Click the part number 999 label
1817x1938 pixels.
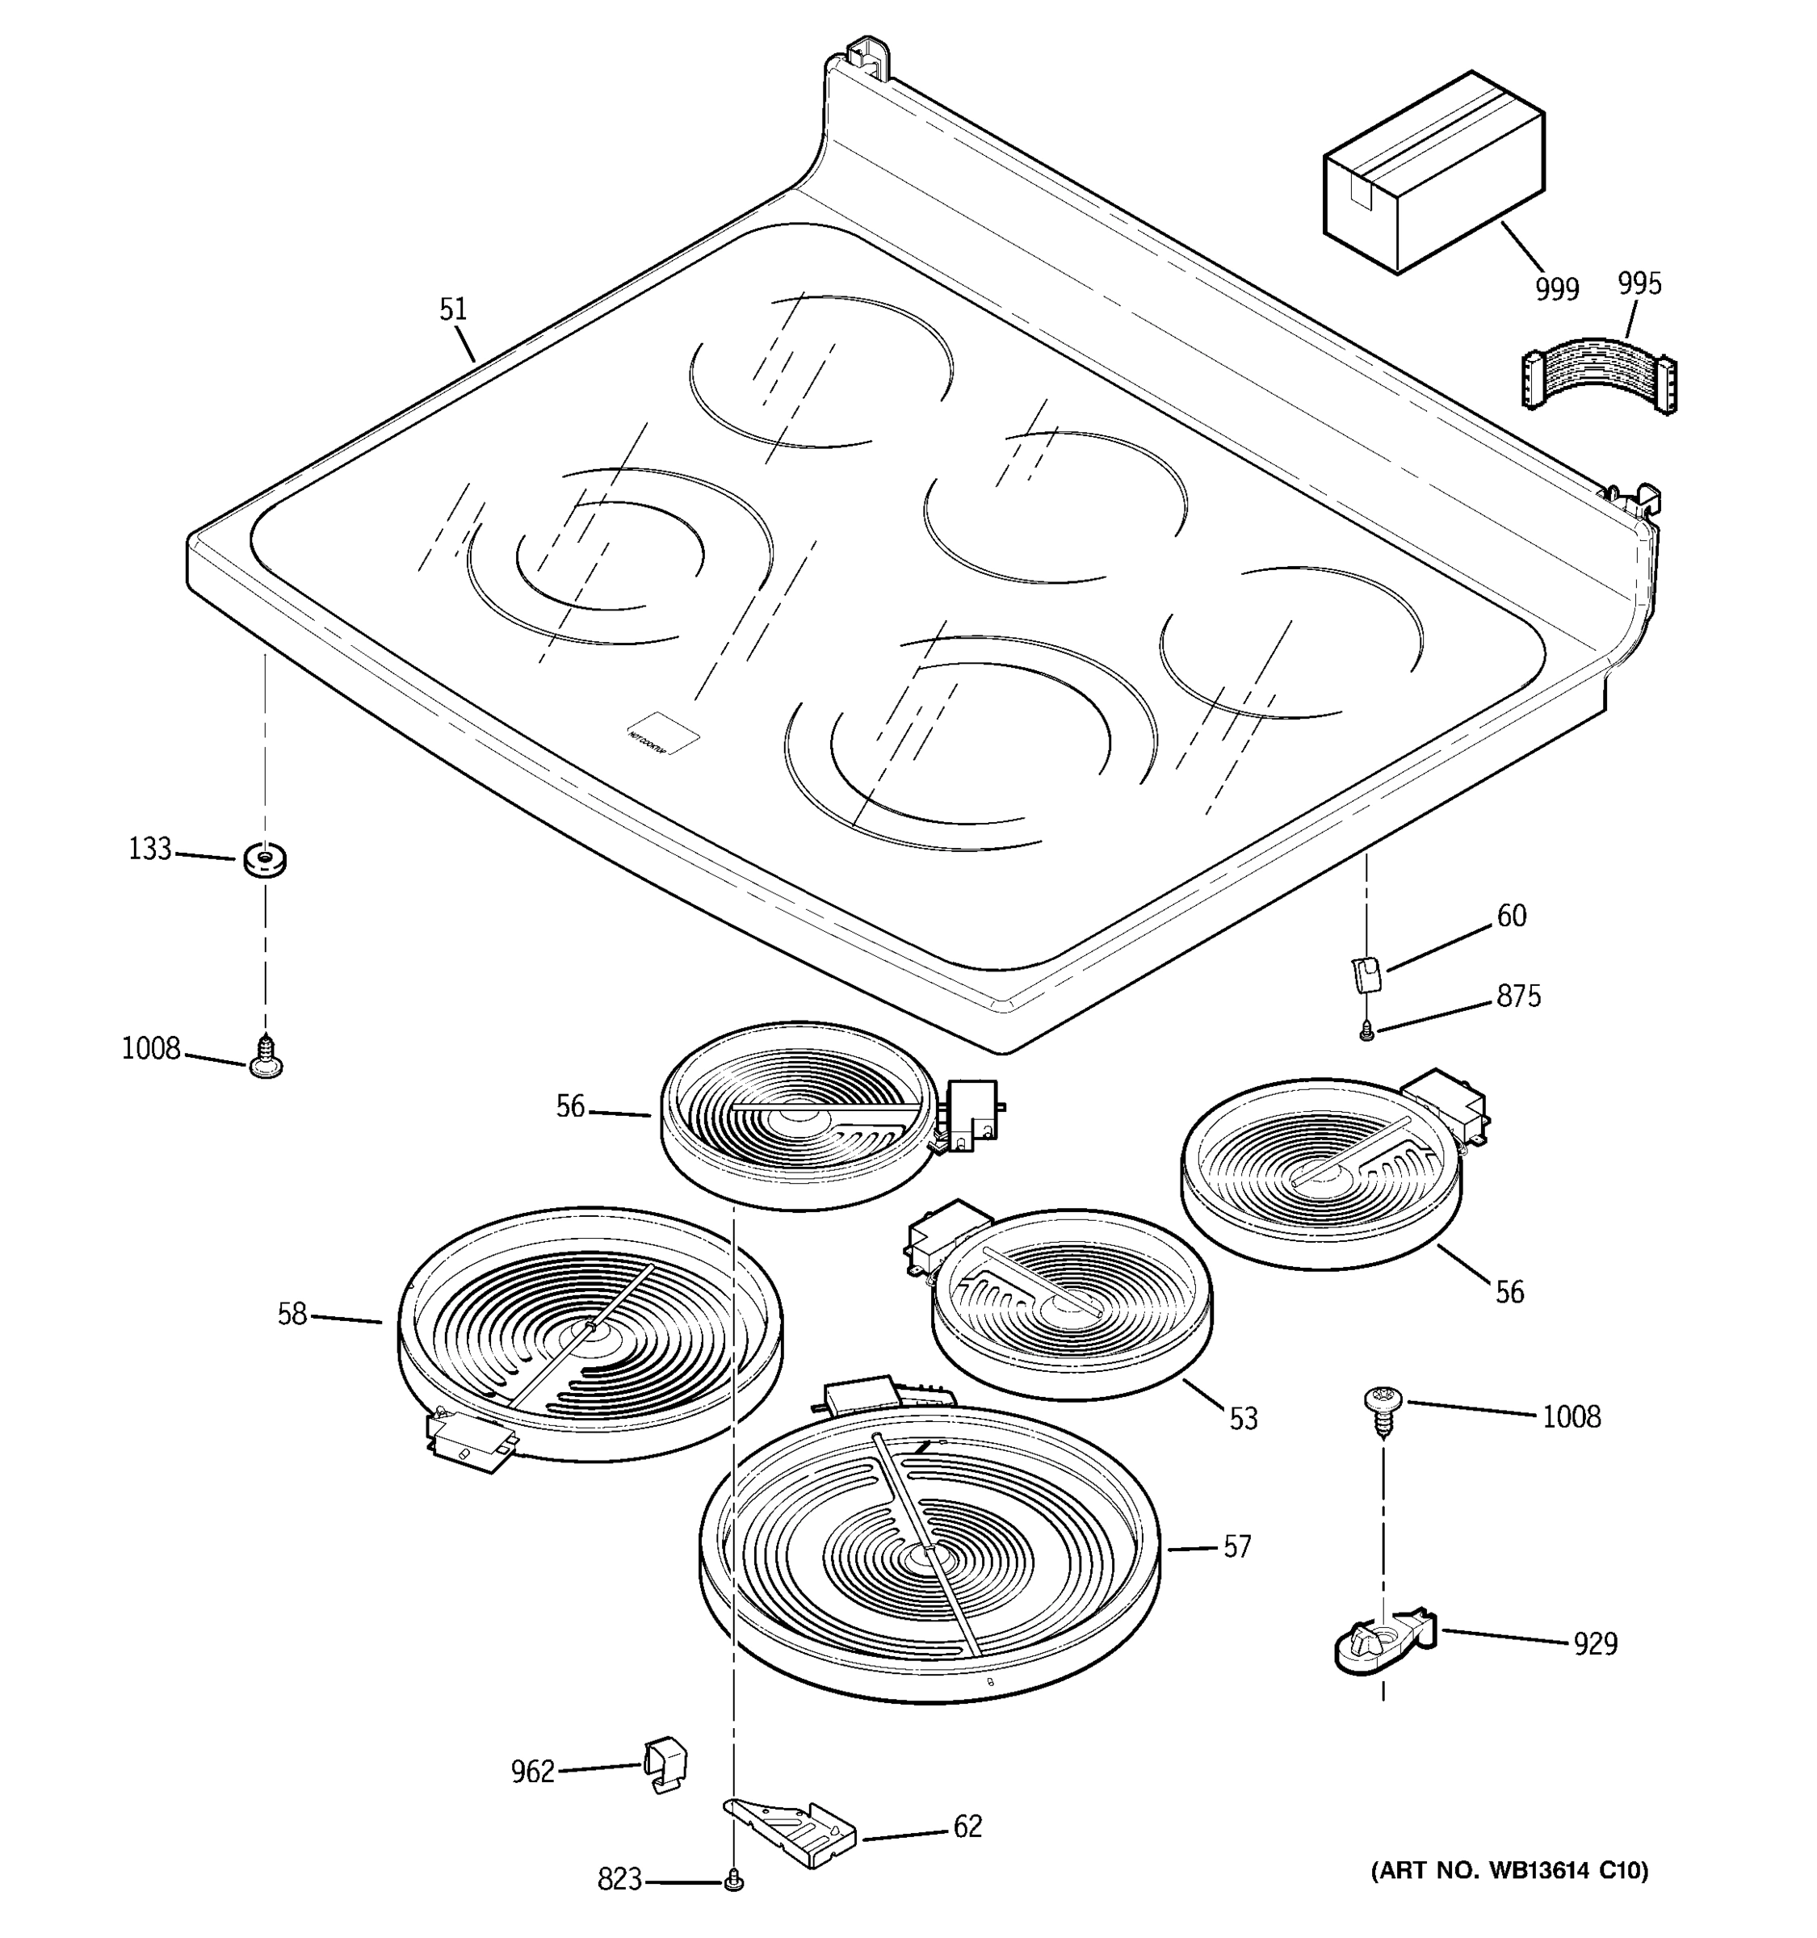pos(1556,290)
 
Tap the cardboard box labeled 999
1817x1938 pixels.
pos(1432,174)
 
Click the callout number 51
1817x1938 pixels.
pos(453,310)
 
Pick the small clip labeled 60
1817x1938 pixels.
pos(1366,974)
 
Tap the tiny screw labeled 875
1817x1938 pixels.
pos(1366,1030)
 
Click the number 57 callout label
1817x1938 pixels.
pos(1236,1547)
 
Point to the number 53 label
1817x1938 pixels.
pos(1243,1419)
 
